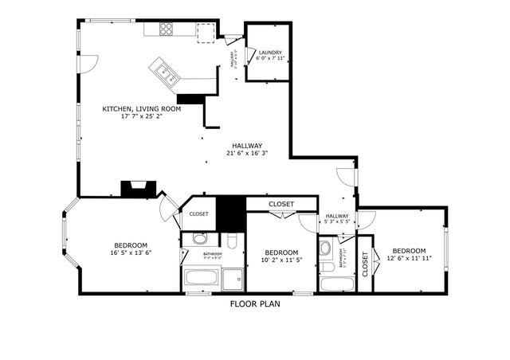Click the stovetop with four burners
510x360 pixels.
coord(167,29)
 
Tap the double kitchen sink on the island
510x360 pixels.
coord(168,72)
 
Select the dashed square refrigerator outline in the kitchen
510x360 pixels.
coord(206,31)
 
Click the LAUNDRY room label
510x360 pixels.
coord(269,53)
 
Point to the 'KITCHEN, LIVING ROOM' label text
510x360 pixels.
coord(141,108)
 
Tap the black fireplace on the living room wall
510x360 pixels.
coord(135,189)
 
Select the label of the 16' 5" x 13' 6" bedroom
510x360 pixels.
coord(130,245)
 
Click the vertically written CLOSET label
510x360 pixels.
coord(365,262)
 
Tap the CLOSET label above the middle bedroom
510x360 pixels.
coord(280,204)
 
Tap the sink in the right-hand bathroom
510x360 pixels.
coord(325,248)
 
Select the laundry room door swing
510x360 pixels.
coord(251,55)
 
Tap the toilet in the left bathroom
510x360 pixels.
coord(232,241)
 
